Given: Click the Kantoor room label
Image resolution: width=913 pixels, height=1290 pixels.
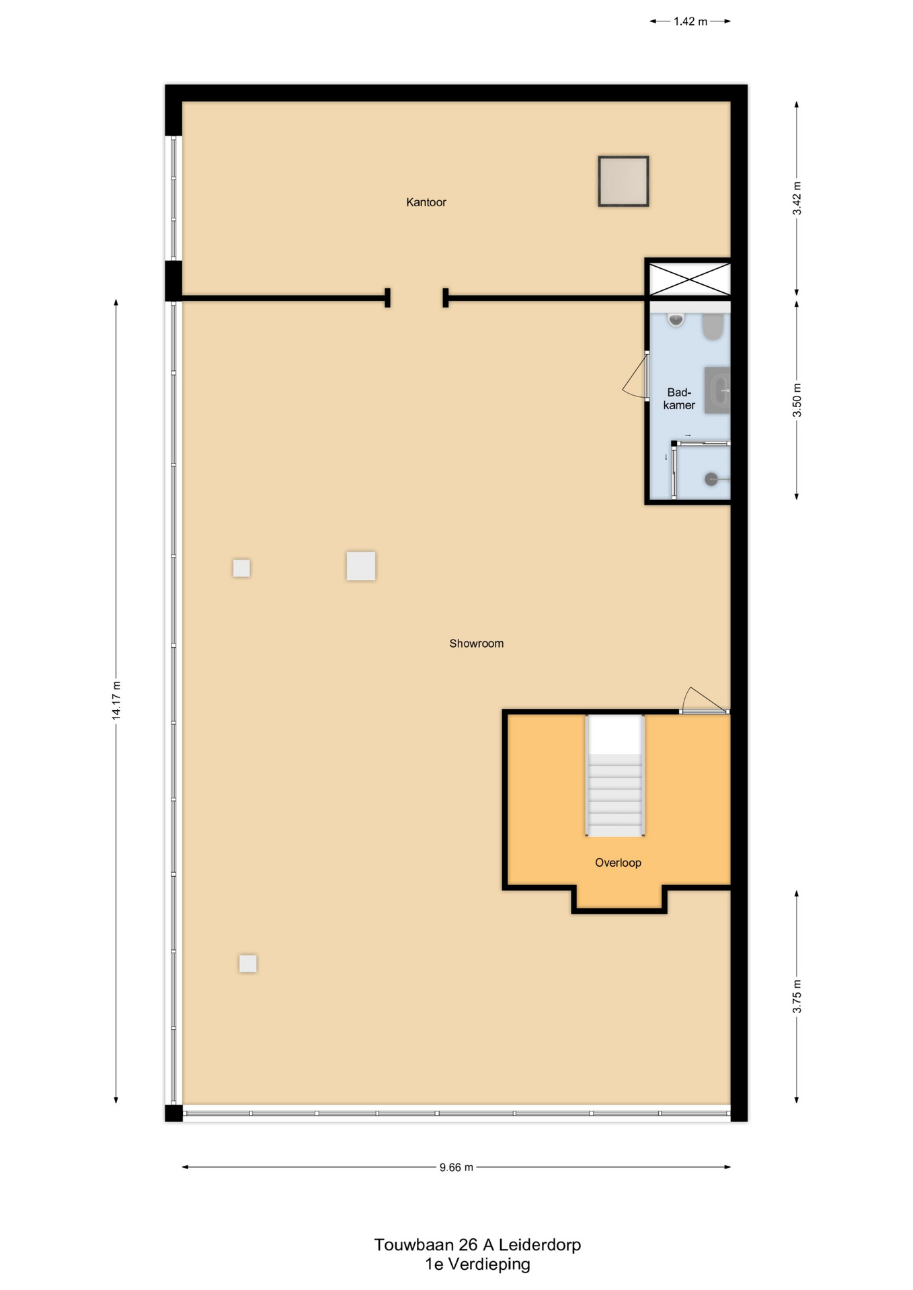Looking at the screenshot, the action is point(426,202).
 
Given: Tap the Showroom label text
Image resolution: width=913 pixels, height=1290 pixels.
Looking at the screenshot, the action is point(476,644).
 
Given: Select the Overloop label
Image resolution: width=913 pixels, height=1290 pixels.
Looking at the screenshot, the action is point(618,863).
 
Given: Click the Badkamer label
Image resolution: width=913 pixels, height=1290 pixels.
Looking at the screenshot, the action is point(679,398).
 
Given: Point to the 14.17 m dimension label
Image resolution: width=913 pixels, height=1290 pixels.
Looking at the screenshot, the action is point(116,700).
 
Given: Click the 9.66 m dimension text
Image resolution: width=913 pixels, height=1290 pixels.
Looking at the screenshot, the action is point(457,1168).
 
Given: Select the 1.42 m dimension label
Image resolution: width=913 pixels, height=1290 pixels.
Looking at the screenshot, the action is point(690,21).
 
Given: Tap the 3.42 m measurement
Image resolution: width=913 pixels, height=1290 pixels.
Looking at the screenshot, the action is point(797,198).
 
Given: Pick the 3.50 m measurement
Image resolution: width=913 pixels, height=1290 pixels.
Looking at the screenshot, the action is point(797,400).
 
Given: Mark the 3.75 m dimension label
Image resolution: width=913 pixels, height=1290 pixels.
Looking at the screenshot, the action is point(797,996).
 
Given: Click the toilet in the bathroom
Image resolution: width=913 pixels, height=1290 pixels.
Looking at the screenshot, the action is point(713,326).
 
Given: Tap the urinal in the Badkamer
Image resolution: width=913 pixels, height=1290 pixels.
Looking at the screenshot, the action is point(676,320).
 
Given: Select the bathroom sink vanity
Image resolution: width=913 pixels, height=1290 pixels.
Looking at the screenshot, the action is point(717,390).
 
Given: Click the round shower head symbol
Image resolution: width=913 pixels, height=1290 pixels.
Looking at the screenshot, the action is point(711,479).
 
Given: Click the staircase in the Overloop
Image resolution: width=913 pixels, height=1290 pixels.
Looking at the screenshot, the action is point(615,775).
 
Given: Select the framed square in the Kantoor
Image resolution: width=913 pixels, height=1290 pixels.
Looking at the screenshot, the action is point(623,181).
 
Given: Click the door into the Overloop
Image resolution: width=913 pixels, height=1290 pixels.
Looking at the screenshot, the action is point(705,700).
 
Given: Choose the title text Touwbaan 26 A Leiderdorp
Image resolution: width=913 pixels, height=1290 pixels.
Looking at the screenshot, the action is point(477,1245).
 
